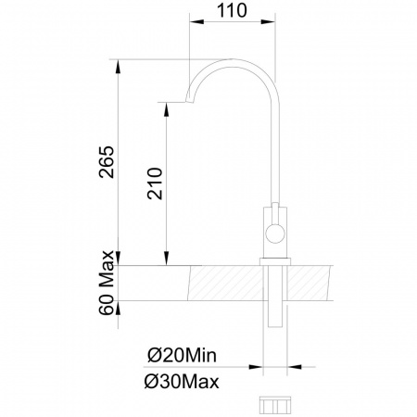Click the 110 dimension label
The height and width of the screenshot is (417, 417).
[232, 10]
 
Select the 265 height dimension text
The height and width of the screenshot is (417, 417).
[107, 162]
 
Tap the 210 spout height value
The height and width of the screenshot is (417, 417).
[155, 183]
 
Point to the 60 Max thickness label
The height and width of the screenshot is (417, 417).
[107, 283]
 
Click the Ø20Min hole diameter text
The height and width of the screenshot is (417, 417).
[183, 356]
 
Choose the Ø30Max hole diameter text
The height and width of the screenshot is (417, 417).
[182, 382]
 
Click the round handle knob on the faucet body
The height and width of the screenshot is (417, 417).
[275, 234]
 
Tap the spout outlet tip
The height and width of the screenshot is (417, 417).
[189, 101]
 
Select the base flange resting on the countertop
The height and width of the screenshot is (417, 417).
[275, 261]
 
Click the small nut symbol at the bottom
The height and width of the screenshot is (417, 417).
[275, 405]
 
